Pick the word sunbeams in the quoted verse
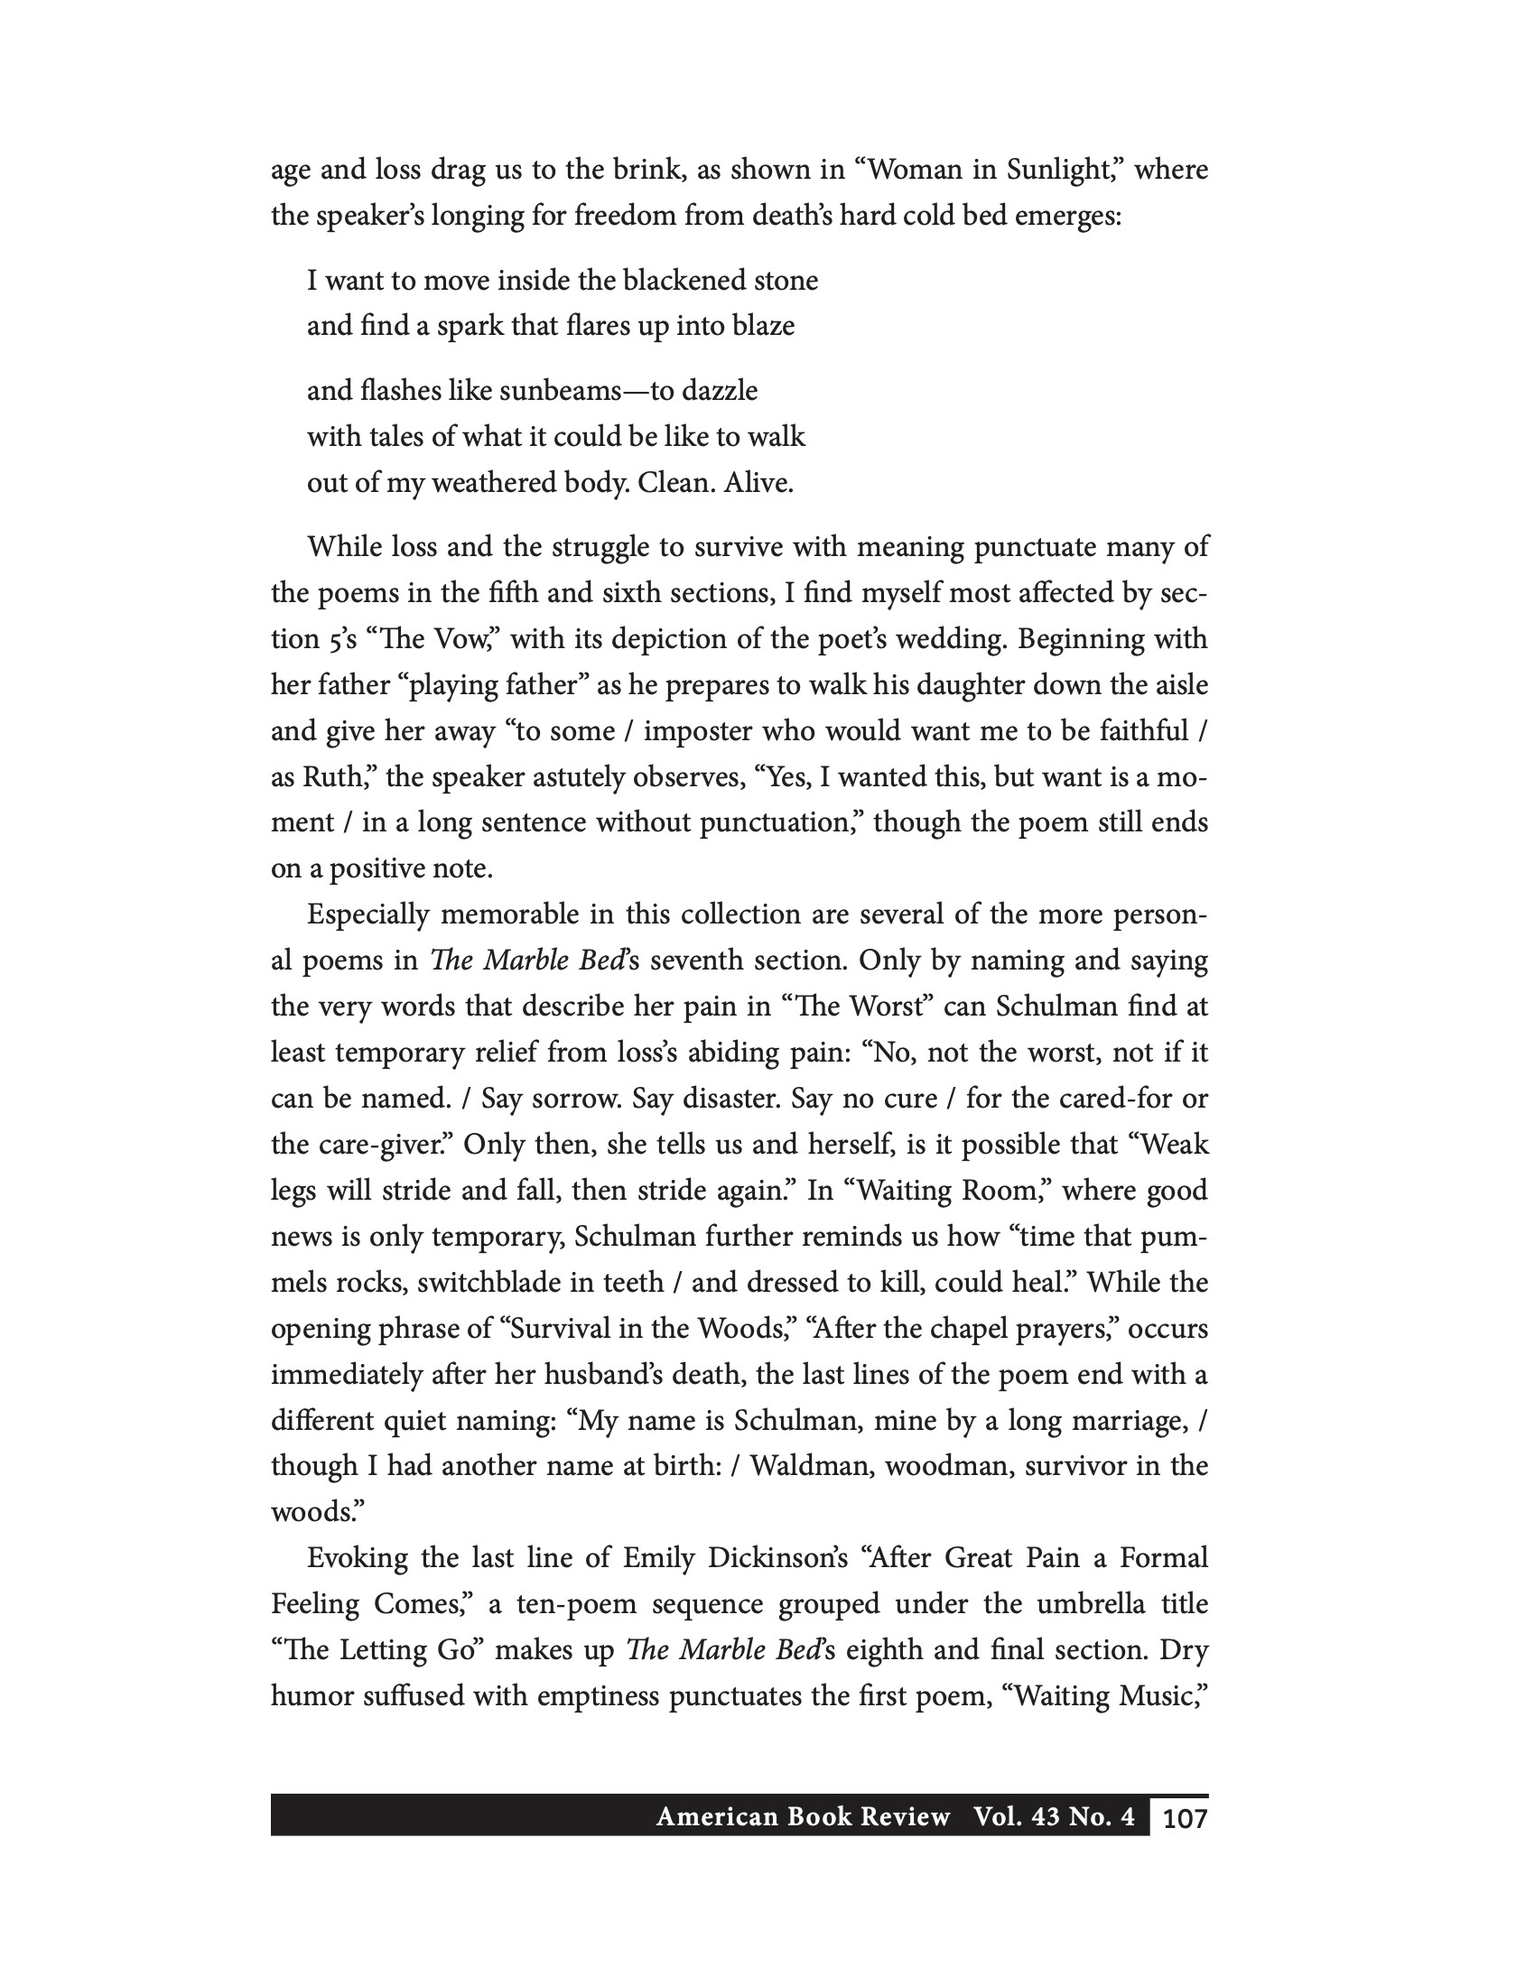coord(554,391)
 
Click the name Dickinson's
coord(776,1559)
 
